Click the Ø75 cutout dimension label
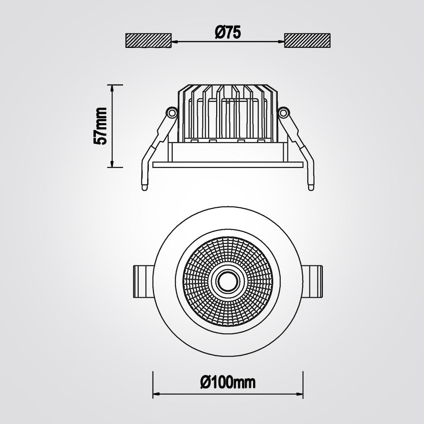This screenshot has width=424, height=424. tap(228, 33)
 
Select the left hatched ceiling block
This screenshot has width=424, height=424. tap(148, 41)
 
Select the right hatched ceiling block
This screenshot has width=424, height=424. tap(307, 41)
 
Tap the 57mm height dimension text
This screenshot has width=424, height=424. tap(100, 126)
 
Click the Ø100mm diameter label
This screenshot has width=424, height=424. tap(228, 383)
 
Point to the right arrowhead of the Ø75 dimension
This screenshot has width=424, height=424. tap(282, 41)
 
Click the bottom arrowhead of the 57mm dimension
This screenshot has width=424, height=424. tap(112, 165)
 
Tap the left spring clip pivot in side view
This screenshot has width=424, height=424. tap(171, 112)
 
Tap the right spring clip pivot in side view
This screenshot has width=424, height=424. tap(283, 112)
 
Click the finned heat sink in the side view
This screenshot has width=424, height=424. tap(228, 112)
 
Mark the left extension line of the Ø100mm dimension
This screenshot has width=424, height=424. tap(153, 384)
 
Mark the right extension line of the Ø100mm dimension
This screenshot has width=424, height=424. tap(303, 384)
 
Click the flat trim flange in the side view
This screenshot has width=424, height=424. tap(228, 165)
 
